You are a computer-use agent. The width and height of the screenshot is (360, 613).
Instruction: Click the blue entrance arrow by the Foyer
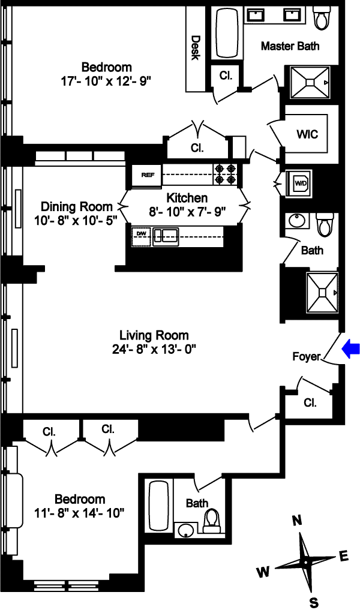350,349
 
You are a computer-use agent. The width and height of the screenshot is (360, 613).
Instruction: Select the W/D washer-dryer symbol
300,183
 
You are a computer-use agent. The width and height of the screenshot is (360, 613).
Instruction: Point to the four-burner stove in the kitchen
226,174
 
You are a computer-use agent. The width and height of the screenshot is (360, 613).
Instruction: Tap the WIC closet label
307,134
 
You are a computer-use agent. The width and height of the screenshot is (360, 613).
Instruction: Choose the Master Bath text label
290,46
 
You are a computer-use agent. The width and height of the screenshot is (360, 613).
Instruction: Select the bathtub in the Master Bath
227,34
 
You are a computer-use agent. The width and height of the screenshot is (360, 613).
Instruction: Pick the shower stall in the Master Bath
310,82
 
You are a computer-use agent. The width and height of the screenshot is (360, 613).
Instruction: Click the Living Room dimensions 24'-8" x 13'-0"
154,348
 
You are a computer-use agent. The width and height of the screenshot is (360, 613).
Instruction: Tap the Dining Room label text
77,206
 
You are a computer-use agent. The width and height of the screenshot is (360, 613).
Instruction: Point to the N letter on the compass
297,521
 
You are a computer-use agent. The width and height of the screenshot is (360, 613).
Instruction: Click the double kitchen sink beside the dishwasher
166,236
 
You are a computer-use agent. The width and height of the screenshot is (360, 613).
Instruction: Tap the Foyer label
306,357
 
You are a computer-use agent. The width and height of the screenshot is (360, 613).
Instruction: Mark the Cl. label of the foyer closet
310,403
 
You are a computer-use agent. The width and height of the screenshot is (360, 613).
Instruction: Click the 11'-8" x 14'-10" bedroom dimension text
79,512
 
